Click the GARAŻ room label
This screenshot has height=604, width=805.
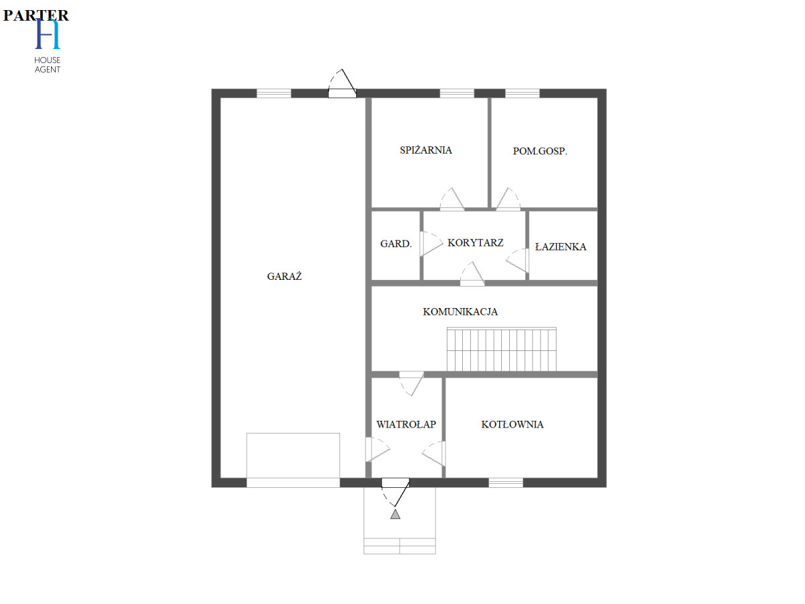[x=284, y=276]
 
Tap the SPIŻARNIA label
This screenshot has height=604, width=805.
[x=426, y=150]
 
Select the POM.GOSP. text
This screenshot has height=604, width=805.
[x=540, y=151]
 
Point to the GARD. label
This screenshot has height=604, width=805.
[x=396, y=244]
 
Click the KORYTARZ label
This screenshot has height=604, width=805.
[x=476, y=243]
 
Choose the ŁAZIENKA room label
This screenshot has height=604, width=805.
[x=560, y=246]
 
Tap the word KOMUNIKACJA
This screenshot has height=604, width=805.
[x=460, y=311]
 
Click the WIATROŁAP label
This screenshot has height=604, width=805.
[x=406, y=424]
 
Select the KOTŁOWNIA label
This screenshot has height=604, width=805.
[x=513, y=424]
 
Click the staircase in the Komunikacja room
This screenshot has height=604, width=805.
[x=501, y=349]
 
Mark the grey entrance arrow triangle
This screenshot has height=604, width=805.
[x=395, y=514]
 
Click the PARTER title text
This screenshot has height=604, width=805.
[x=36, y=15]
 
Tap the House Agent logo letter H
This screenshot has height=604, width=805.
[x=48, y=34]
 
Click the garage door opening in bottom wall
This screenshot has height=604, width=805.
[x=293, y=483]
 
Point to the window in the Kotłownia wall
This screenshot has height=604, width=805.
[x=506, y=483]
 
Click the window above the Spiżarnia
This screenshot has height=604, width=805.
[x=457, y=93]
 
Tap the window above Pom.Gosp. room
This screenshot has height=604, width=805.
[x=522, y=93]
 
